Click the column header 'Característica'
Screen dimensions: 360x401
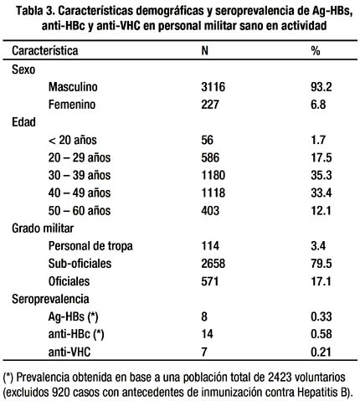[x=45, y=51]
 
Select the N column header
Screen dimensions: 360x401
[x=205, y=51]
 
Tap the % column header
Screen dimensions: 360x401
[x=316, y=51]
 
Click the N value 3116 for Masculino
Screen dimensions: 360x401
[x=213, y=87]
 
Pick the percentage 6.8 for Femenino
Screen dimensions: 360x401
[x=318, y=105]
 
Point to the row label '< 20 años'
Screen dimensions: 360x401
[x=73, y=140]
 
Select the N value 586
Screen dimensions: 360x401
[x=210, y=157]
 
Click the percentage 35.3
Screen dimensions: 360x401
[x=321, y=175]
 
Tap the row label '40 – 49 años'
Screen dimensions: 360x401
[x=80, y=193]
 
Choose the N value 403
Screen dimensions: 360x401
[x=210, y=210]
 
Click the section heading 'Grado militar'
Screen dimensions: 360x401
[x=43, y=229]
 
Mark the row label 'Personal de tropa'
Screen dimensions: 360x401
[x=90, y=246]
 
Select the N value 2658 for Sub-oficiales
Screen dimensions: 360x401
[x=213, y=264]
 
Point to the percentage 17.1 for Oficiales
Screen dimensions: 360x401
[x=321, y=281]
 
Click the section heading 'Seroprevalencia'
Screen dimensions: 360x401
[x=50, y=299]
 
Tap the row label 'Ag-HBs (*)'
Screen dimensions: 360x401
[x=74, y=316]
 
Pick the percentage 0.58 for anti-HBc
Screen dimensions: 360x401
[x=321, y=334]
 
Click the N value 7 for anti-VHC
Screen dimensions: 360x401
[x=204, y=352]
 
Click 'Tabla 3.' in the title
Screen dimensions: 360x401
[x=35, y=11]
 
